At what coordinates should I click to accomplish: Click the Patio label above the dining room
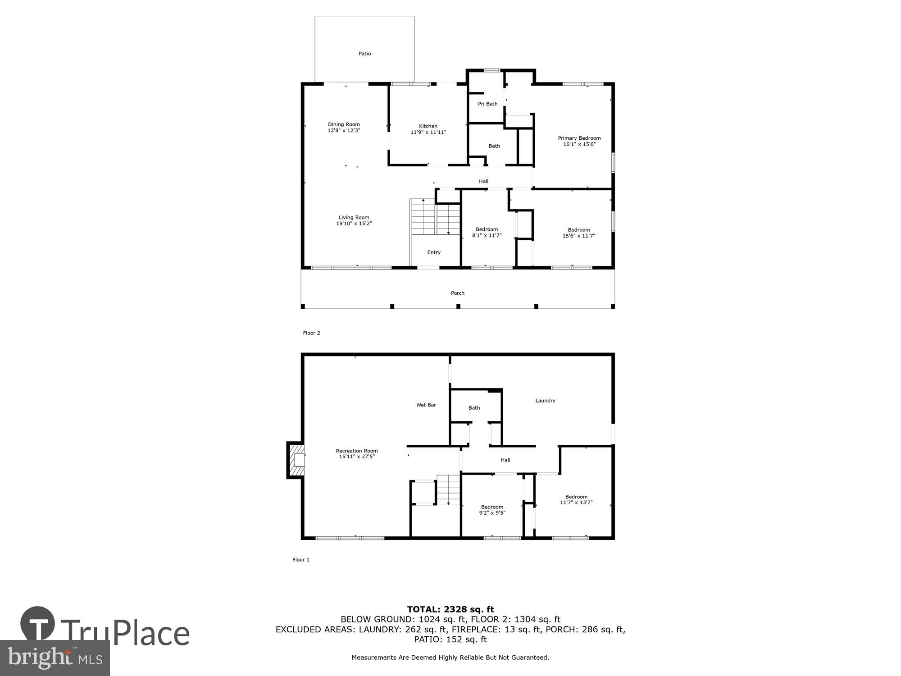(x=364, y=54)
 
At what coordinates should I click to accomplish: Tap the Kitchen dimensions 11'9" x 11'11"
(x=428, y=132)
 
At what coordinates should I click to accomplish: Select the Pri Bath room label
(x=487, y=104)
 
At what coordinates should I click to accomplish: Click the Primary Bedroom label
(x=579, y=138)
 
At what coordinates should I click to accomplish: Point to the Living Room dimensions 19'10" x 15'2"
(x=354, y=224)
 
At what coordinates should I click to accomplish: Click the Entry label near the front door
(x=434, y=252)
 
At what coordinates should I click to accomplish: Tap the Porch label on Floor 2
(x=458, y=293)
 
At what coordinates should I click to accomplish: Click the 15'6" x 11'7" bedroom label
(x=578, y=233)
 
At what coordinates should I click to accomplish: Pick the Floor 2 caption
(x=311, y=333)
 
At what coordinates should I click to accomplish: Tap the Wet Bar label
(x=426, y=405)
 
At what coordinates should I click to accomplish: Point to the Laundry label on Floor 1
(x=545, y=401)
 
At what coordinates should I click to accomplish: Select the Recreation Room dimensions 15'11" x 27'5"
(x=357, y=457)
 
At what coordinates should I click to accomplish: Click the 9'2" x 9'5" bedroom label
(x=492, y=510)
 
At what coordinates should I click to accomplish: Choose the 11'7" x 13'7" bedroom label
(x=576, y=500)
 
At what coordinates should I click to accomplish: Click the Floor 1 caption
(x=301, y=560)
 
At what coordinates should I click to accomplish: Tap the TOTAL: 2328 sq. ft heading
(x=450, y=610)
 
